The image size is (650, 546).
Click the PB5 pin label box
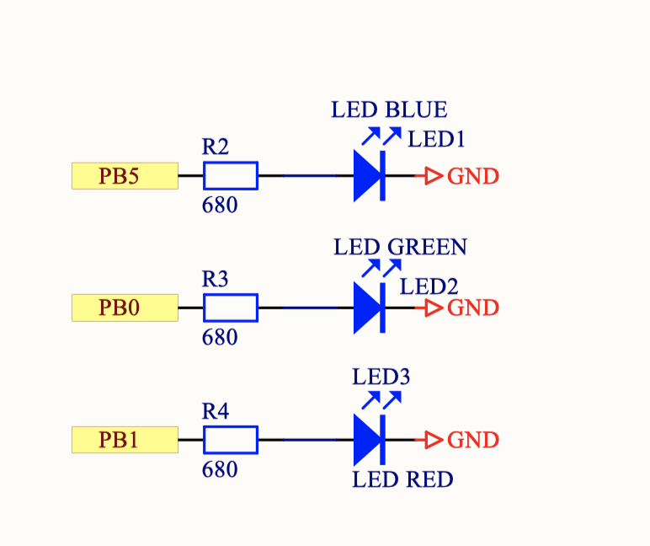pos(125,176)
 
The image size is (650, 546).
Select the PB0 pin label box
pos(125,308)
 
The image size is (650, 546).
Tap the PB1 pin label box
pos(125,440)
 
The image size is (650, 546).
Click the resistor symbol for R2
pos(231,176)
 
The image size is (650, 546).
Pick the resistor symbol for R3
pos(231,308)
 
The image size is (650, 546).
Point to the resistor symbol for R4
pos(231,440)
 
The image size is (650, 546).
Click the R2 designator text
pos(216,147)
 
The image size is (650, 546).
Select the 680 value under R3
pos(220,338)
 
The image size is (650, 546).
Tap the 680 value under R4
pos(220,469)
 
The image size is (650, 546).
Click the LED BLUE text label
pos(389,110)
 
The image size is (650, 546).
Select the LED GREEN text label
pos(400,247)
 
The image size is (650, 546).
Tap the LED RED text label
pos(402,480)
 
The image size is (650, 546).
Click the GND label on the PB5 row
pos(473,176)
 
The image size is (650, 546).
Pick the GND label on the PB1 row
pos(473,440)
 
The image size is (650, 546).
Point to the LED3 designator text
pos(381,377)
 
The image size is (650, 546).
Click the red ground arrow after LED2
pos(434,308)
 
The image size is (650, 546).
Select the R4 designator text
pos(216,411)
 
